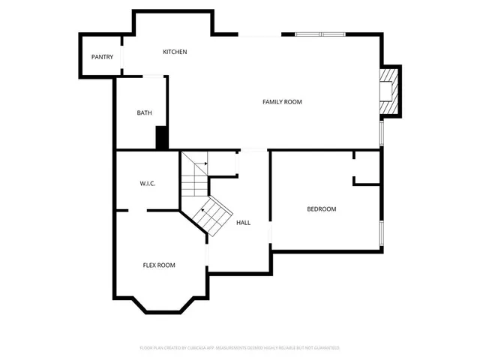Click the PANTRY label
pos(102,57)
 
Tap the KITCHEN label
pos(175,52)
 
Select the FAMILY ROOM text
pos(282,101)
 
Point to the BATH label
pos(144,113)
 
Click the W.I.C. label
pos(147,184)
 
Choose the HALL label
pos(244,223)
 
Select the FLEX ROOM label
pos(159,265)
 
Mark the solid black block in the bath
pos(160,138)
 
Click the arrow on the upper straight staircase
pos(202,163)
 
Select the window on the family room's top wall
pos(319,34)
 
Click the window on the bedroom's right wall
pos(382,233)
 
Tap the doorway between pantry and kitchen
pos(121,58)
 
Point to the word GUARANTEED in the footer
pos(323,348)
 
